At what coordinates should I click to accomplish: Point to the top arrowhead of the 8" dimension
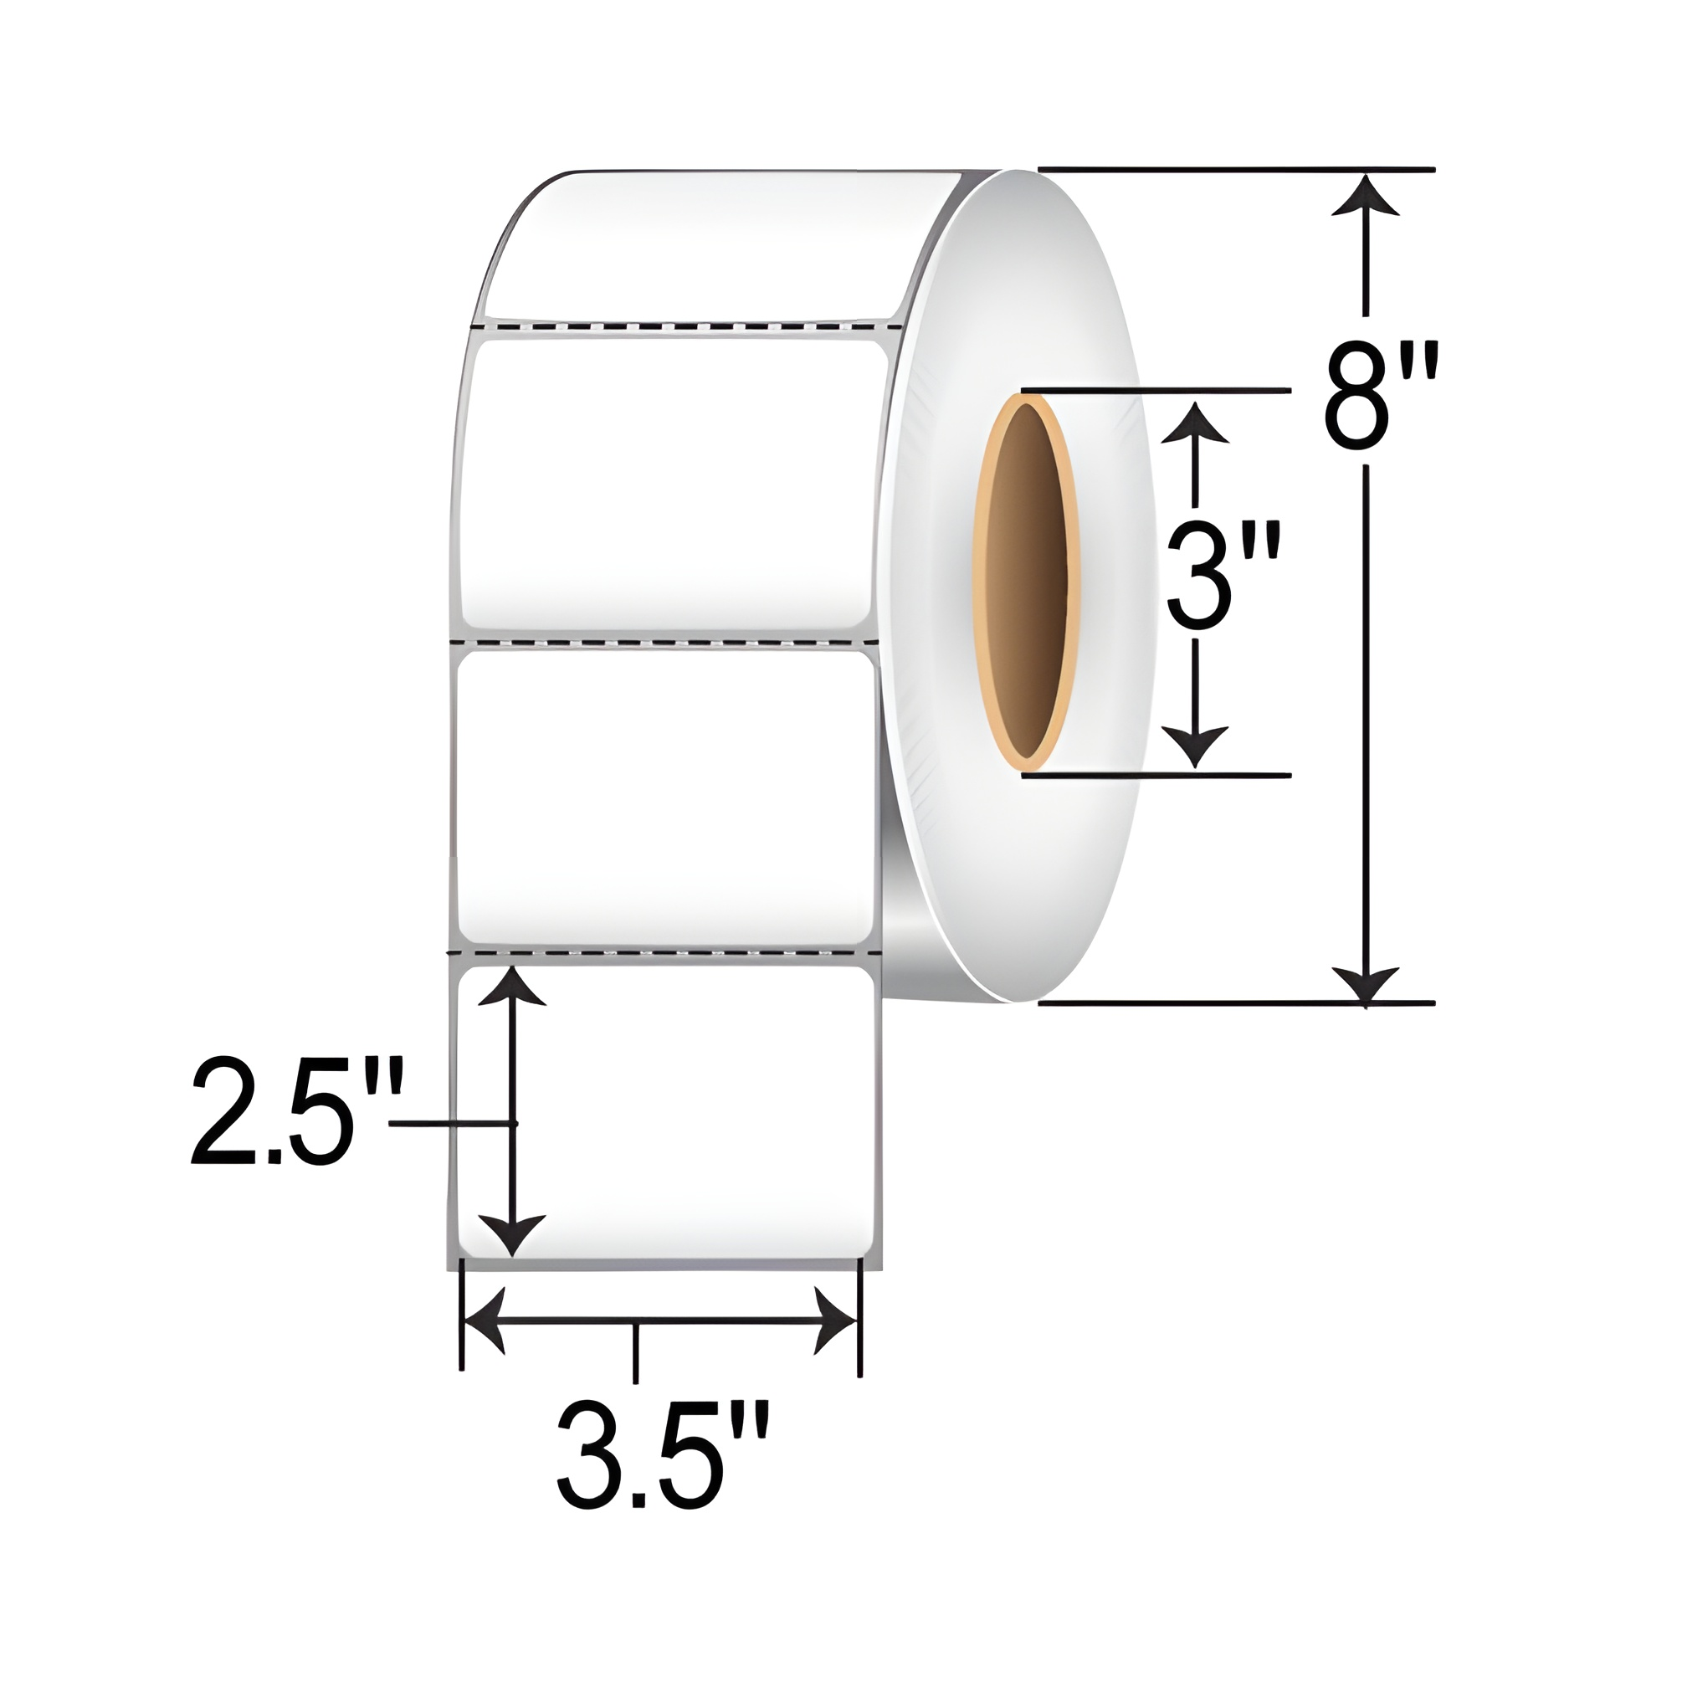coord(1366,197)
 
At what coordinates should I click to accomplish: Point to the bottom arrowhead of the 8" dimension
coord(1366,984)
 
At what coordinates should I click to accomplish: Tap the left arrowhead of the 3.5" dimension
coord(485,1320)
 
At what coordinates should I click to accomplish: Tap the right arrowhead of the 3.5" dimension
coord(836,1320)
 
